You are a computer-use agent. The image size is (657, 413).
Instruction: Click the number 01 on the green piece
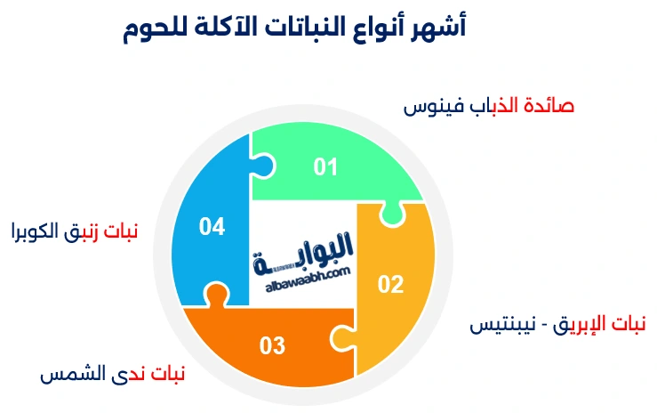click(x=326, y=166)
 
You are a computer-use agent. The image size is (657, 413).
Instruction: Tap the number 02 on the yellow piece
click(x=391, y=285)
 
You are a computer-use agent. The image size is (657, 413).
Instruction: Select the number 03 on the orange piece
click(x=273, y=344)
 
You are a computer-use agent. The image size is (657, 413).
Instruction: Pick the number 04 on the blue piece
click(x=212, y=227)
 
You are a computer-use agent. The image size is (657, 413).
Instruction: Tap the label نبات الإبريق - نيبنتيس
click(x=557, y=324)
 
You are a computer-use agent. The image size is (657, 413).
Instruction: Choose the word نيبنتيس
click(x=503, y=324)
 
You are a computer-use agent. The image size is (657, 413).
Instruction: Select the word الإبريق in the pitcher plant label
click(x=582, y=324)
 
